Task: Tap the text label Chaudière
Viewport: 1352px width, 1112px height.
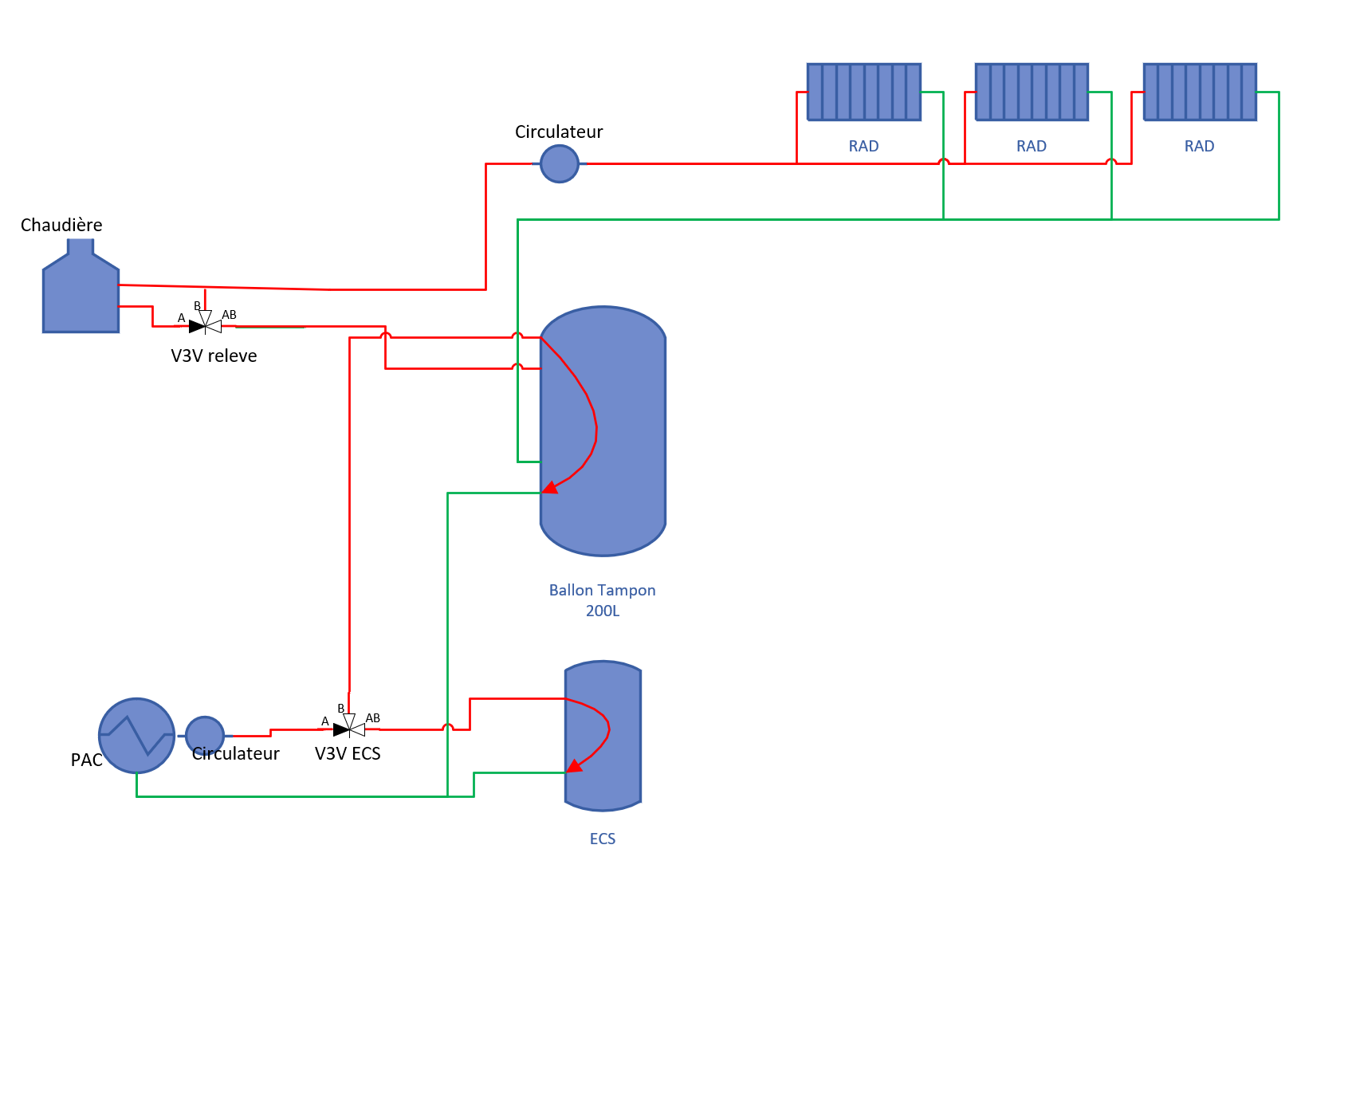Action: pos(61,226)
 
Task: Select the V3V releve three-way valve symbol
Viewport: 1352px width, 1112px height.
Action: pos(205,325)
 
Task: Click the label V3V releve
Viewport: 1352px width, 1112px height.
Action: pos(214,356)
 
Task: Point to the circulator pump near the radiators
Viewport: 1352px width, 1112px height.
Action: pos(559,163)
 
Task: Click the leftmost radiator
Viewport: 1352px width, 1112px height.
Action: pos(863,92)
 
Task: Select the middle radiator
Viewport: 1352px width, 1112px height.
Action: pos(1032,92)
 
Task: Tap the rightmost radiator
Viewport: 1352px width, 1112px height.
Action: pos(1200,92)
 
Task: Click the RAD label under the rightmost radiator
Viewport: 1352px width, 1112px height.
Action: pos(1199,147)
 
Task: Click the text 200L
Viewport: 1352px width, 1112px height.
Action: pos(602,611)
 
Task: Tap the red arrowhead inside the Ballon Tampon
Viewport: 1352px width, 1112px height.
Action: pos(550,487)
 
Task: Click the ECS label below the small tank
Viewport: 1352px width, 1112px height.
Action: pos(602,839)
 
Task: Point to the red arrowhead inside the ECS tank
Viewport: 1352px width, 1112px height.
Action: pos(574,767)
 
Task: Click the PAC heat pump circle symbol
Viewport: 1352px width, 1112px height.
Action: pos(136,736)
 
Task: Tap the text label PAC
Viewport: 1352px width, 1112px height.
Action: pos(86,760)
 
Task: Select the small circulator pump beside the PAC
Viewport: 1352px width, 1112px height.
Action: pos(205,735)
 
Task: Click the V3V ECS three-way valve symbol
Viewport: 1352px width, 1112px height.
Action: pos(349,729)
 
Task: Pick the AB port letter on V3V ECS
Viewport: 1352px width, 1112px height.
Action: pos(372,718)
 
